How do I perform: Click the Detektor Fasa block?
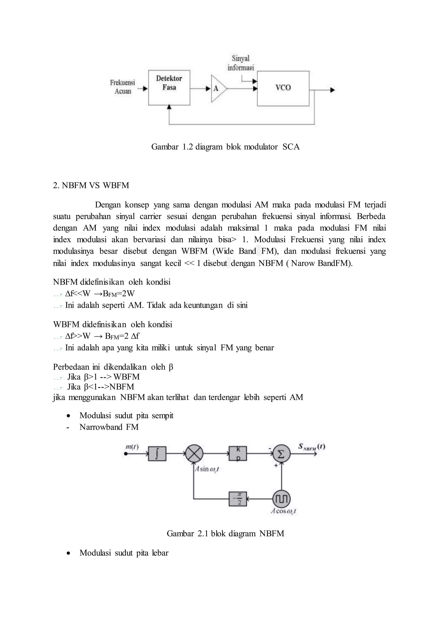click(169, 88)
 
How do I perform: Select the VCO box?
click(283, 88)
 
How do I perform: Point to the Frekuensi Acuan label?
click(123, 87)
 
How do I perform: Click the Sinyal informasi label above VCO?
click(241, 63)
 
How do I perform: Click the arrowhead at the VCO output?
click(333, 90)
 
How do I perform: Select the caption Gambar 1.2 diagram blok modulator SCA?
click(225, 147)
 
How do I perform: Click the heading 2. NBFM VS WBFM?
click(91, 186)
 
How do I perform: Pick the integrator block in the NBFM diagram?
click(157, 454)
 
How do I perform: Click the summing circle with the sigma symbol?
click(281, 454)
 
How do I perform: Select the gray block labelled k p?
click(238, 454)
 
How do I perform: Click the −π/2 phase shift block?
click(238, 499)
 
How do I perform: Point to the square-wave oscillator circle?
click(281, 499)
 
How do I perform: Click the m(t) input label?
click(132, 447)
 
